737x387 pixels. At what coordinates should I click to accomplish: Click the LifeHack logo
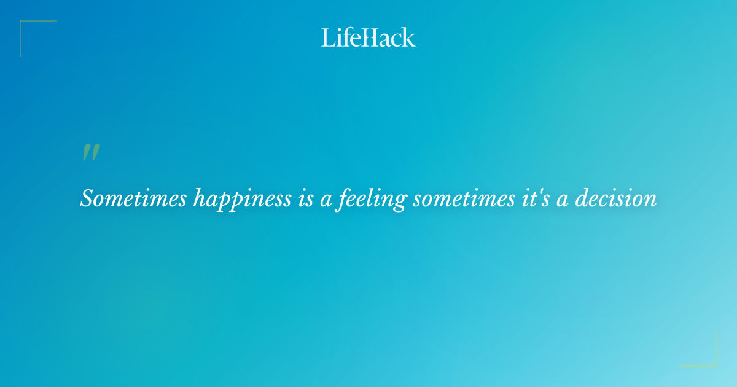click(x=368, y=37)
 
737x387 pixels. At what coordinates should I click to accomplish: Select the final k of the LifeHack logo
click(x=409, y=38)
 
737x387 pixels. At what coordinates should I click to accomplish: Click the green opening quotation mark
click(x=91, y=152)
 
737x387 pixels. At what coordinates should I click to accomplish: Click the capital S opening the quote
click(x=87, y=198)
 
